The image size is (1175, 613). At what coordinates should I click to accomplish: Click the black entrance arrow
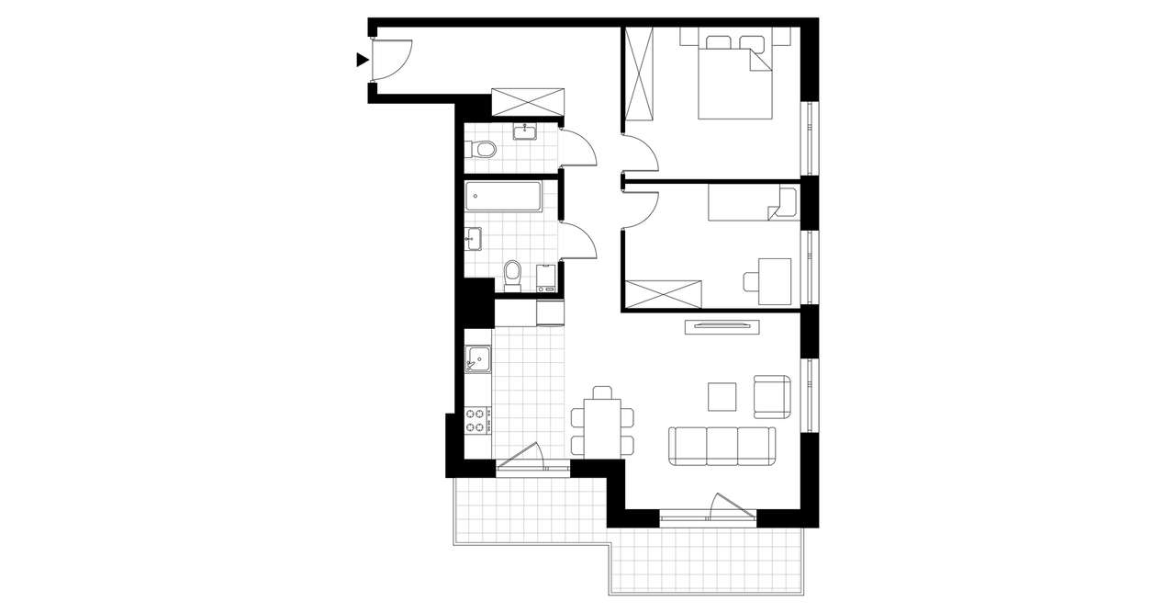362,61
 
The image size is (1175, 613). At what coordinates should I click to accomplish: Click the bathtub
502,195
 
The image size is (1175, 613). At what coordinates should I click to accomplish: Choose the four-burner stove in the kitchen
477,421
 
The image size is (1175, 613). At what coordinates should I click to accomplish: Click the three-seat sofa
722,445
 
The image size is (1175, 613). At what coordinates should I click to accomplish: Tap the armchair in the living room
772,395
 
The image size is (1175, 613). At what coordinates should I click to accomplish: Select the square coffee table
722,396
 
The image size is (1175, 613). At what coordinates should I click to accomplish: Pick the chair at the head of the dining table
602,392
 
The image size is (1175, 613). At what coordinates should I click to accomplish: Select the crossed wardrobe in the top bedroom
639,74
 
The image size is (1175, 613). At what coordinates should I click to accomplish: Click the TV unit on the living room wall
722,324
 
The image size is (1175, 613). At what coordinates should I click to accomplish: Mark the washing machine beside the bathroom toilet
546,277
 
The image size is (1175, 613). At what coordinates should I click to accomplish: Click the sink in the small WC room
526,131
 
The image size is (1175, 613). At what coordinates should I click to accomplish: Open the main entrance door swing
395,61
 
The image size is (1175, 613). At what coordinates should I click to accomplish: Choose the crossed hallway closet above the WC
527,101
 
